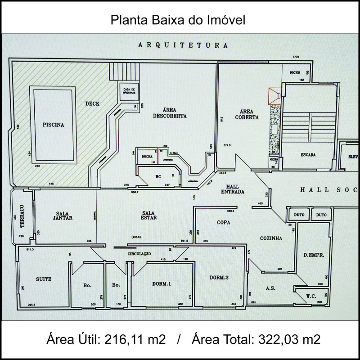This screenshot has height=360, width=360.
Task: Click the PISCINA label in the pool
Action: [54, 125]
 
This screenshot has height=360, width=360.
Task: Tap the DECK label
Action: [92, 104]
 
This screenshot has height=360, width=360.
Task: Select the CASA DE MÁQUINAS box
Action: [130, 91]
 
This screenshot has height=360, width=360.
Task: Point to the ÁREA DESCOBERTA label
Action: [169, 112]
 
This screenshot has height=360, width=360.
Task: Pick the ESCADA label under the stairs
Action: [309, 155]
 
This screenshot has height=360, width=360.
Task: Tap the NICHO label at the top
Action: [295, 72]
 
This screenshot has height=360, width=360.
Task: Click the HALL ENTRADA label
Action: [233, 189]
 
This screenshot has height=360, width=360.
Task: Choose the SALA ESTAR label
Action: [148, 216]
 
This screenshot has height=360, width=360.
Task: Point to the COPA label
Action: [224, 222]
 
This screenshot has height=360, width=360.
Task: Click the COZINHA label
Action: [271, 238]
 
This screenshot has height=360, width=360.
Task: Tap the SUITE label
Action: [44, 279]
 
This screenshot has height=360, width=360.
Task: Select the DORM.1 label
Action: [162, 283]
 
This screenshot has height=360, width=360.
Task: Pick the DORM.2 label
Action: [219, 278]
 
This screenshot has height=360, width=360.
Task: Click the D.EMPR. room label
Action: [311, 255]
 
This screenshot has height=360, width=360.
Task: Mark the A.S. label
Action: [270, 288]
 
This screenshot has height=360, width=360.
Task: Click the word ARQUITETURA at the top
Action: [183, 45]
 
